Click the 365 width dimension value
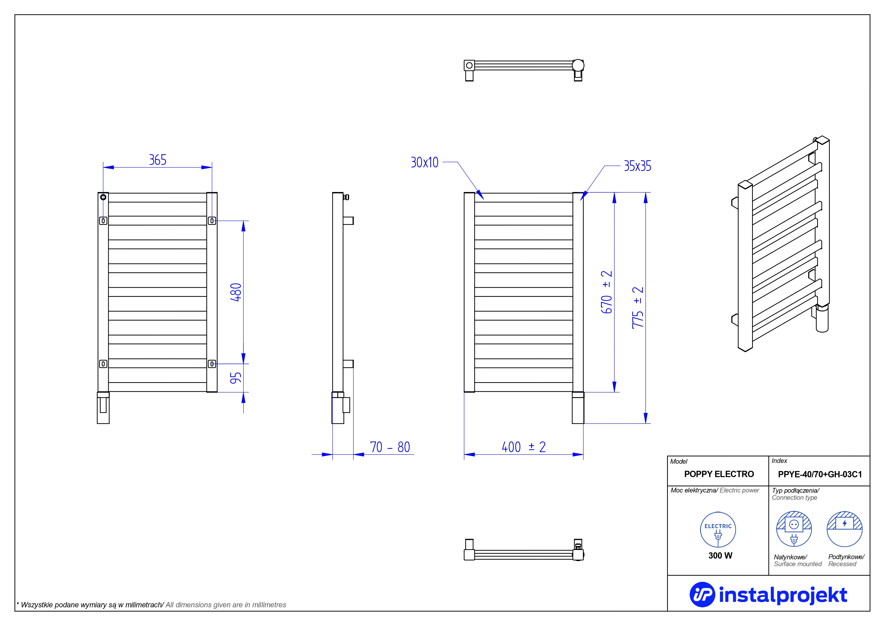pos(158,160)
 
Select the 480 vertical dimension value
pos(236,292)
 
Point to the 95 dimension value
pos(236,378)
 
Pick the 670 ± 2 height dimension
pos(607,292)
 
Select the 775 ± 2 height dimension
pos(638,308)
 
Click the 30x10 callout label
pos(424,162)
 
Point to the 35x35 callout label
pos(638,166)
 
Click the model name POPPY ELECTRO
pos(719,474)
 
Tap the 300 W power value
pos(720,555)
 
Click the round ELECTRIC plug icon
pos(718,530)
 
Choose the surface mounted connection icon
pos(794,529)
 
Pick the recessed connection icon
pos(845,529)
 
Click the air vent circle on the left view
pos(103,197)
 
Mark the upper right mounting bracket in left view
pos(212,221)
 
